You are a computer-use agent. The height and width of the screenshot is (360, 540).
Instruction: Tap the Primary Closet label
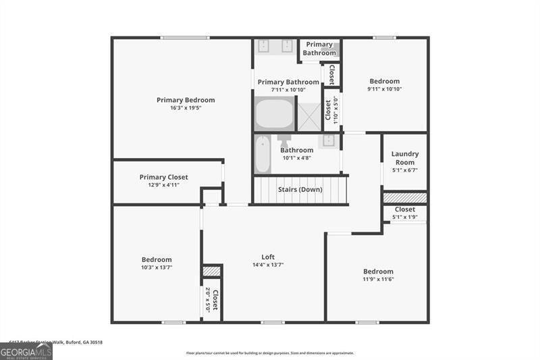point(163,177)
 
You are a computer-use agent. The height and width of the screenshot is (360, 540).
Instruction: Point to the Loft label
point(268,257)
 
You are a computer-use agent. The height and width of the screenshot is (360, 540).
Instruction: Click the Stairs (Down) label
point(300,190)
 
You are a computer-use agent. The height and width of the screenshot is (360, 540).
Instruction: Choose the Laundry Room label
point(405,158)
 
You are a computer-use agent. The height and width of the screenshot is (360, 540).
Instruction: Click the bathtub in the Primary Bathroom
point(274,114)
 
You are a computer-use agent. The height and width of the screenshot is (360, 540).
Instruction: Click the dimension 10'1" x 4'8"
point(296,158)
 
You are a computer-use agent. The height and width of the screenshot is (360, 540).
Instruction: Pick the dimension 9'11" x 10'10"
point(385,89)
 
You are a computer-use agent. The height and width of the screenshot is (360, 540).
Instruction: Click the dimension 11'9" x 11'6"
point(378,280)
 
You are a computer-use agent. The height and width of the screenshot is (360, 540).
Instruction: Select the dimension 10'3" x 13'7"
point(157,267)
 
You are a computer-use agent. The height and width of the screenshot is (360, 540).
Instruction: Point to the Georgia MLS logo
point(26,351)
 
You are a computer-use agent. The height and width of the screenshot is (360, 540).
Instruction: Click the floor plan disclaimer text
point(270,353)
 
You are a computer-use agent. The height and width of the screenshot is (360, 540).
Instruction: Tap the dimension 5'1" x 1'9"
point(405,217)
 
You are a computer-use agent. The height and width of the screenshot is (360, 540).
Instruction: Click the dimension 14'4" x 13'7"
point(268,265)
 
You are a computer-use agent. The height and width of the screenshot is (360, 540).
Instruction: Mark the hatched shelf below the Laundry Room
point(405,197)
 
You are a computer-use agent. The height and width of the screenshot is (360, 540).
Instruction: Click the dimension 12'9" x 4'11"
point(163,185)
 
